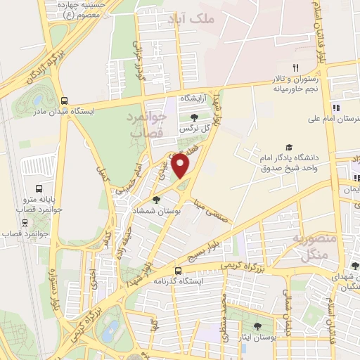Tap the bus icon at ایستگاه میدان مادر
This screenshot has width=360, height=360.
pos(65,101)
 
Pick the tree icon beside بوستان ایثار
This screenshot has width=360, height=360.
pos(257,326)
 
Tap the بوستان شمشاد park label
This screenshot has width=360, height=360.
pos(156,212)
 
